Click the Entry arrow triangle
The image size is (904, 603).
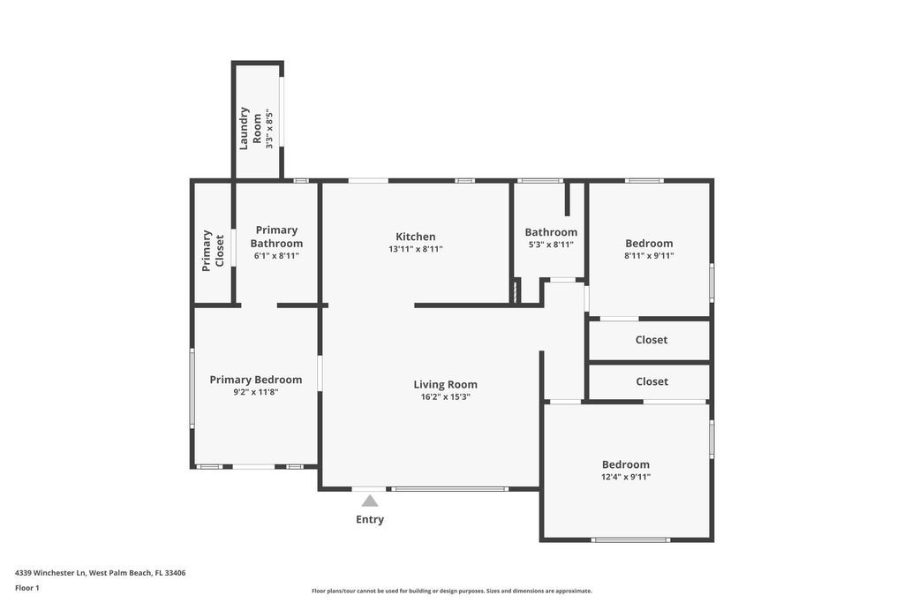click(x=370, y=501)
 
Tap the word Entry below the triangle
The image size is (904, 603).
click(x=370, y=520)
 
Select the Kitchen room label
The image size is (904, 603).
click(x=415, y=237)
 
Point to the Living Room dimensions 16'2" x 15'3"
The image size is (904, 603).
click(x=445, y=397)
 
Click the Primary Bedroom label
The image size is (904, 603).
click(x=255, y=380)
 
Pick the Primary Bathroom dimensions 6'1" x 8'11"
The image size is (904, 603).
click(x=276, y=256)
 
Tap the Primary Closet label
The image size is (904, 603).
click(x=213, y=251)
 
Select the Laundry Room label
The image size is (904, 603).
click(x=251, y=128)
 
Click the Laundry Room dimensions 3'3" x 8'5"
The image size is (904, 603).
click(x=269, y=128)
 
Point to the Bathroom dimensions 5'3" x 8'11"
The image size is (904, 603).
click(x=551, y=245)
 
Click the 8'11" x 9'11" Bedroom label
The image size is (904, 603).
click(x=649, y=244)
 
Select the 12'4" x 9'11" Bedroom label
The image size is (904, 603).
click(x=626, y=464)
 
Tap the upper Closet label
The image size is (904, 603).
click(x=652, y=340)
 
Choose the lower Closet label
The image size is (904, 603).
click(x=652, y=381)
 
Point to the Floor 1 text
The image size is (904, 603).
click(x=27, y=588)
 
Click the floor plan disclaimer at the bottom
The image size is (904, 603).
click(x=451, y=592)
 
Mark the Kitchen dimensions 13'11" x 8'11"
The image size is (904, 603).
click(x=415, y=249)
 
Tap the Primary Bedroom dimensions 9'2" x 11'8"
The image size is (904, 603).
click(x=255, y=392)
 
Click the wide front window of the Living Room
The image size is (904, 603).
click(x=449, y=488)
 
